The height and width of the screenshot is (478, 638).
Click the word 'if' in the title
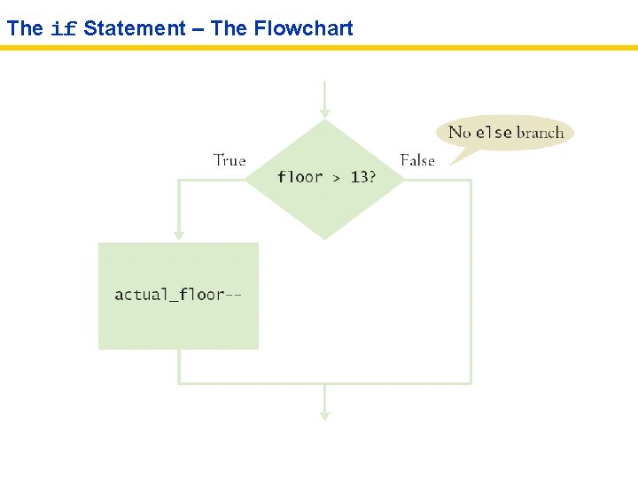coord(63,28)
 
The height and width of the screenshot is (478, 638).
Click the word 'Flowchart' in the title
coord(303,28)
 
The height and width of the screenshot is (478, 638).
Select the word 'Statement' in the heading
coord(135,28)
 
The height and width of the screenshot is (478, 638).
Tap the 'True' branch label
coord(230,160)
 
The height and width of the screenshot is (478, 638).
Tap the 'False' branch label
coord(417,160)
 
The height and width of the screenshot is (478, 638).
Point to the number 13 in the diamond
coord(360,177)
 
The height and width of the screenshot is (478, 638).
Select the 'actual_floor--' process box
coord(178,295)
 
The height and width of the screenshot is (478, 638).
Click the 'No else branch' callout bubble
coord(506,133)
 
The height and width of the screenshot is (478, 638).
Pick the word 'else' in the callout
coord(494,133)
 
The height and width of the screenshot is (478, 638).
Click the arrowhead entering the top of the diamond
coord(325,113)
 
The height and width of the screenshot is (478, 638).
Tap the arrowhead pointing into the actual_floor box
coord(179,235)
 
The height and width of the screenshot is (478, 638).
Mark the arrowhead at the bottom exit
coord(325,414)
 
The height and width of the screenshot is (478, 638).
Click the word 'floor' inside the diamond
coord(300,177)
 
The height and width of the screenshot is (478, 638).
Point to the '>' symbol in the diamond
coord(337,178)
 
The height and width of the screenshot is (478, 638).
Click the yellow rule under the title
coord(319,48)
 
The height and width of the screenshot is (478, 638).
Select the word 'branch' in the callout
coord(540,133)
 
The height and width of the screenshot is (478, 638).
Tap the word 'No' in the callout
coord(460,133)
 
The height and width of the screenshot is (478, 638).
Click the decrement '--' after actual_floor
coord(233,294)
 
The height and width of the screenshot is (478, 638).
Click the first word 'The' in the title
coord(25,28)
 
